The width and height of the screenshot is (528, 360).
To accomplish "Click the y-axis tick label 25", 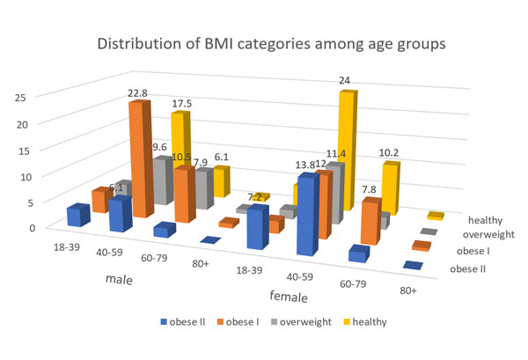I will click(27, 98).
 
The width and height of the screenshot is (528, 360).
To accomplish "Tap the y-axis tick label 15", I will click(27, 150).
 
